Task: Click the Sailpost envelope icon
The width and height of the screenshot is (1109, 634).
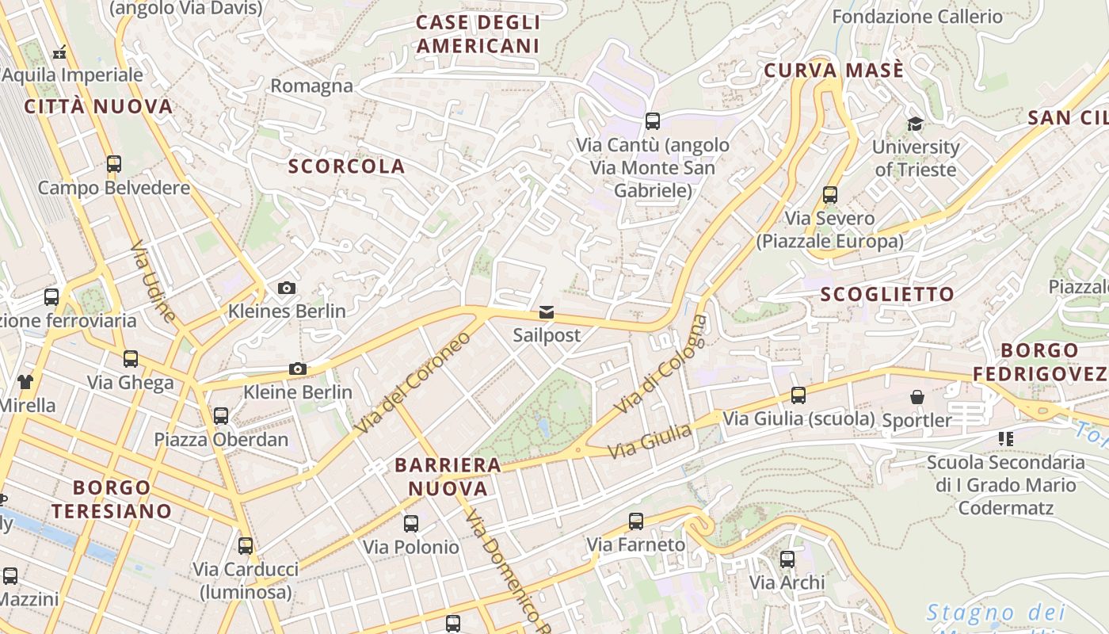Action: coord(547,312)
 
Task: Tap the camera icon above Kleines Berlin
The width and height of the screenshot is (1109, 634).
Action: coord(287,288)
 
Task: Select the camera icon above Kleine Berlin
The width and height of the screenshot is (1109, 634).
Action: coord(298,369)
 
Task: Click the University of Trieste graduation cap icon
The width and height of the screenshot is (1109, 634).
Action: coord(915,124)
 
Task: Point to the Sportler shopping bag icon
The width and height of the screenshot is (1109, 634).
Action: coord(917,396)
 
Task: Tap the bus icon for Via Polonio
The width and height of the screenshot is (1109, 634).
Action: coord(410,523)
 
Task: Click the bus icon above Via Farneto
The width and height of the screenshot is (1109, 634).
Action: coord(635,521)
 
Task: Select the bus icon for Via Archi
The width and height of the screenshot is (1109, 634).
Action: coord(787,559)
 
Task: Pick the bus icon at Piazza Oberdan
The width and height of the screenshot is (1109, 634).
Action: coord(221,415)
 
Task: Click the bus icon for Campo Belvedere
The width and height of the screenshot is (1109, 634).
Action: coord(114,164)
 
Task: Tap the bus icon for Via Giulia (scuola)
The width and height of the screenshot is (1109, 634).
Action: coord(798,395)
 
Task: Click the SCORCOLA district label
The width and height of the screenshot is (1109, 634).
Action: coord(346,166)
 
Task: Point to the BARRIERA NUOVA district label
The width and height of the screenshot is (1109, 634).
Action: coord(448,476)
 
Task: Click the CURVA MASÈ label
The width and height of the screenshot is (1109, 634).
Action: coord(833,71)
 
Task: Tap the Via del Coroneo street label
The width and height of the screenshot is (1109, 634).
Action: coord(412,383)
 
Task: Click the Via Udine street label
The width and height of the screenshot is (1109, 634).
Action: coord(153,282)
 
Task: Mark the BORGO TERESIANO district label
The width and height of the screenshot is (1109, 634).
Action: coord(112,498)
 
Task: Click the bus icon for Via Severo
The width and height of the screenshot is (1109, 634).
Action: coord(829,194)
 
